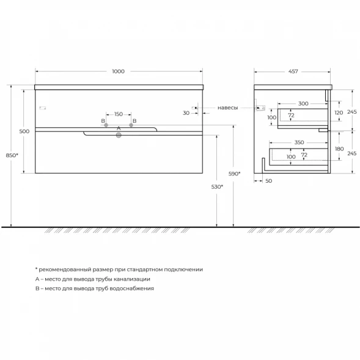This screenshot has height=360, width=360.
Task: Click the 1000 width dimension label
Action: [118, 72]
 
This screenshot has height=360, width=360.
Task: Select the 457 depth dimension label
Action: [293, 72]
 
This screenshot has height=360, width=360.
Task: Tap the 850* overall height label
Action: [12, 155]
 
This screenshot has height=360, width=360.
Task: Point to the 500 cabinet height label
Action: [24, 131]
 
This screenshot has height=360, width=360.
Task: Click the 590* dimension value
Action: [235, 174]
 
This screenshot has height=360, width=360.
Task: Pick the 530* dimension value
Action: [217, 187]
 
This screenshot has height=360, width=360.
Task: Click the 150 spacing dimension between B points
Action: [119, 114]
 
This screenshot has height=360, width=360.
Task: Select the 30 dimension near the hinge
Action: [186, 113]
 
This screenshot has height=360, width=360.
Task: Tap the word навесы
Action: [228, 108]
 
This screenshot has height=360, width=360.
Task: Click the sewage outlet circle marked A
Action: [119, 135]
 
